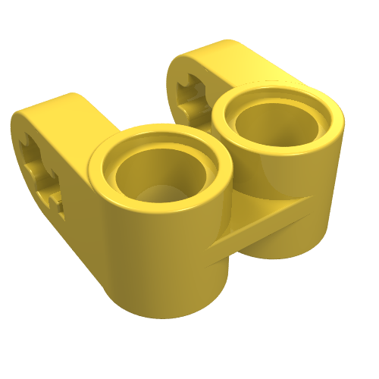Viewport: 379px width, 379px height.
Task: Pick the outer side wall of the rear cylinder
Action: tap(303, 212)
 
